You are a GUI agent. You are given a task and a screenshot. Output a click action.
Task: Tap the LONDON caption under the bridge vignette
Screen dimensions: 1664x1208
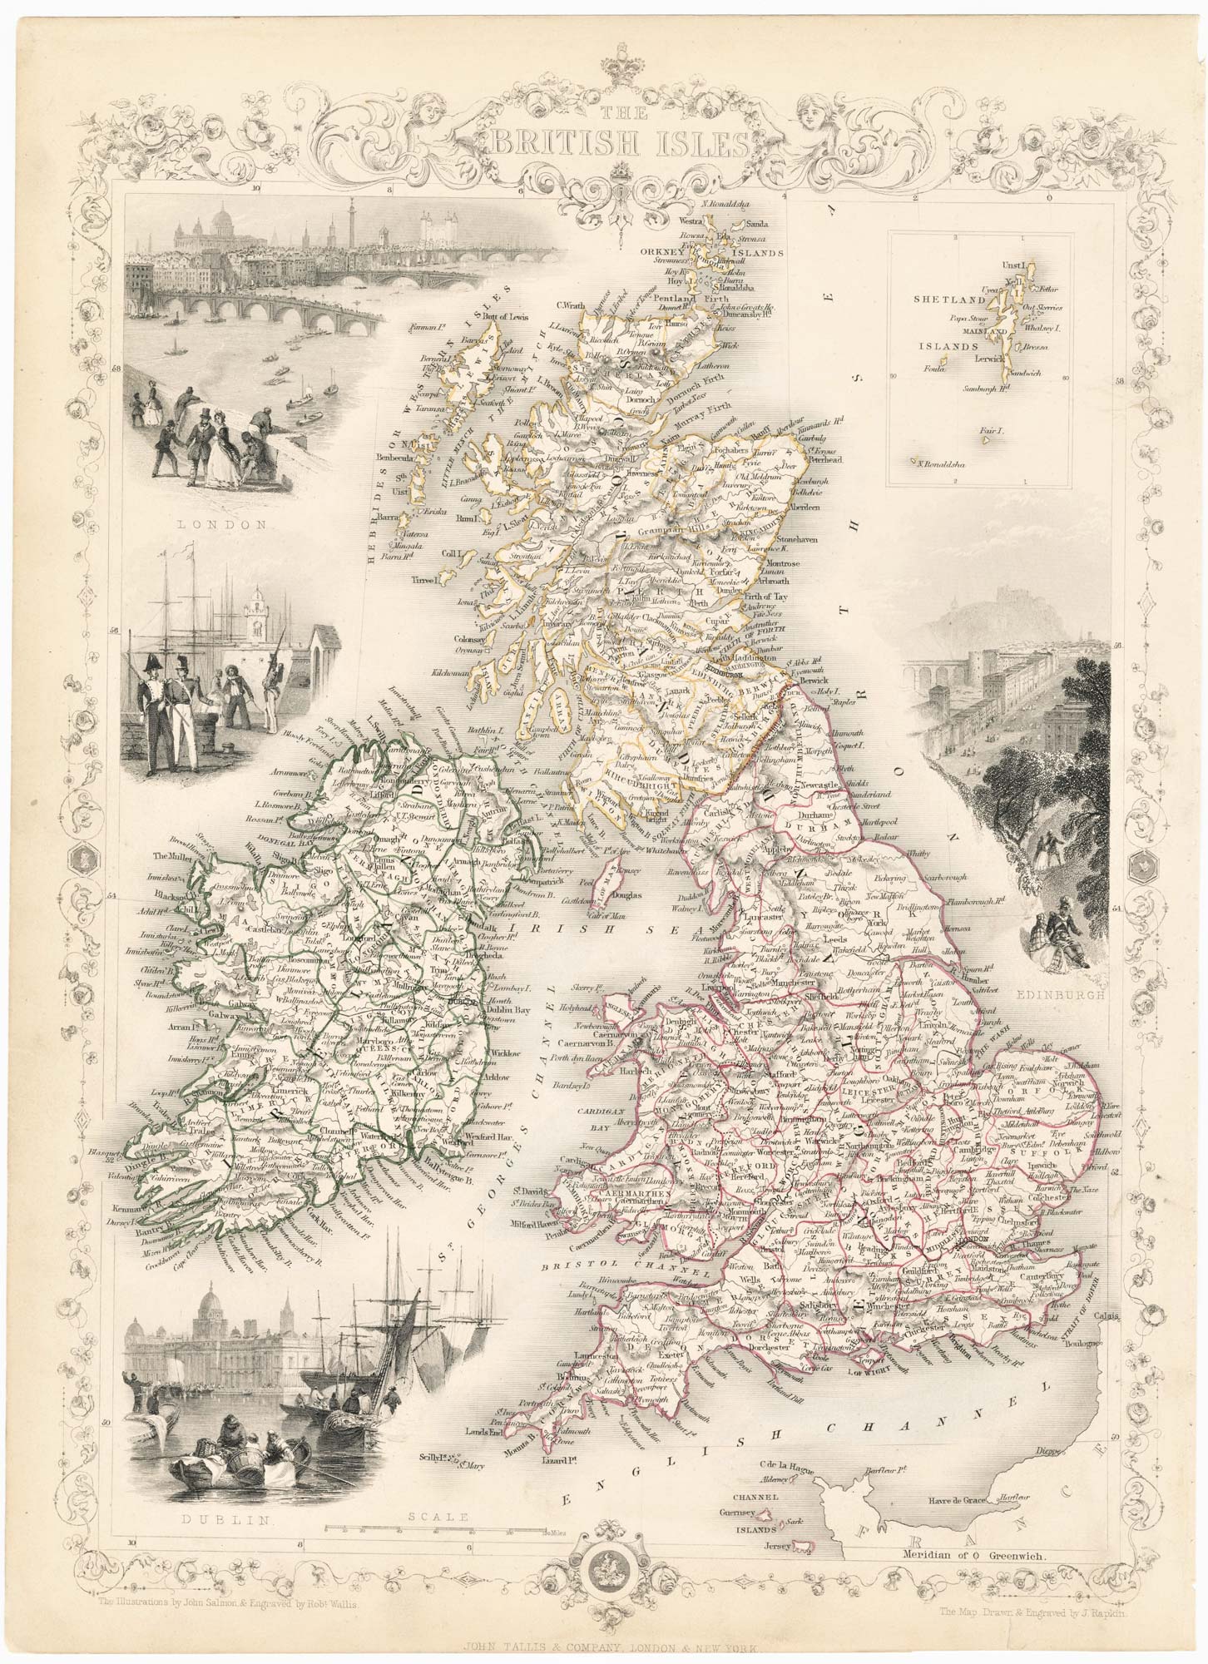pos(225,525)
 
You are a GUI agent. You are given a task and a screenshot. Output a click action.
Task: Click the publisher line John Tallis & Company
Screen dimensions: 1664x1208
pos(603,1644)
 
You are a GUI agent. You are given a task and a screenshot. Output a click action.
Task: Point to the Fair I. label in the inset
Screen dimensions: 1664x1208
pos(1008,431)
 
